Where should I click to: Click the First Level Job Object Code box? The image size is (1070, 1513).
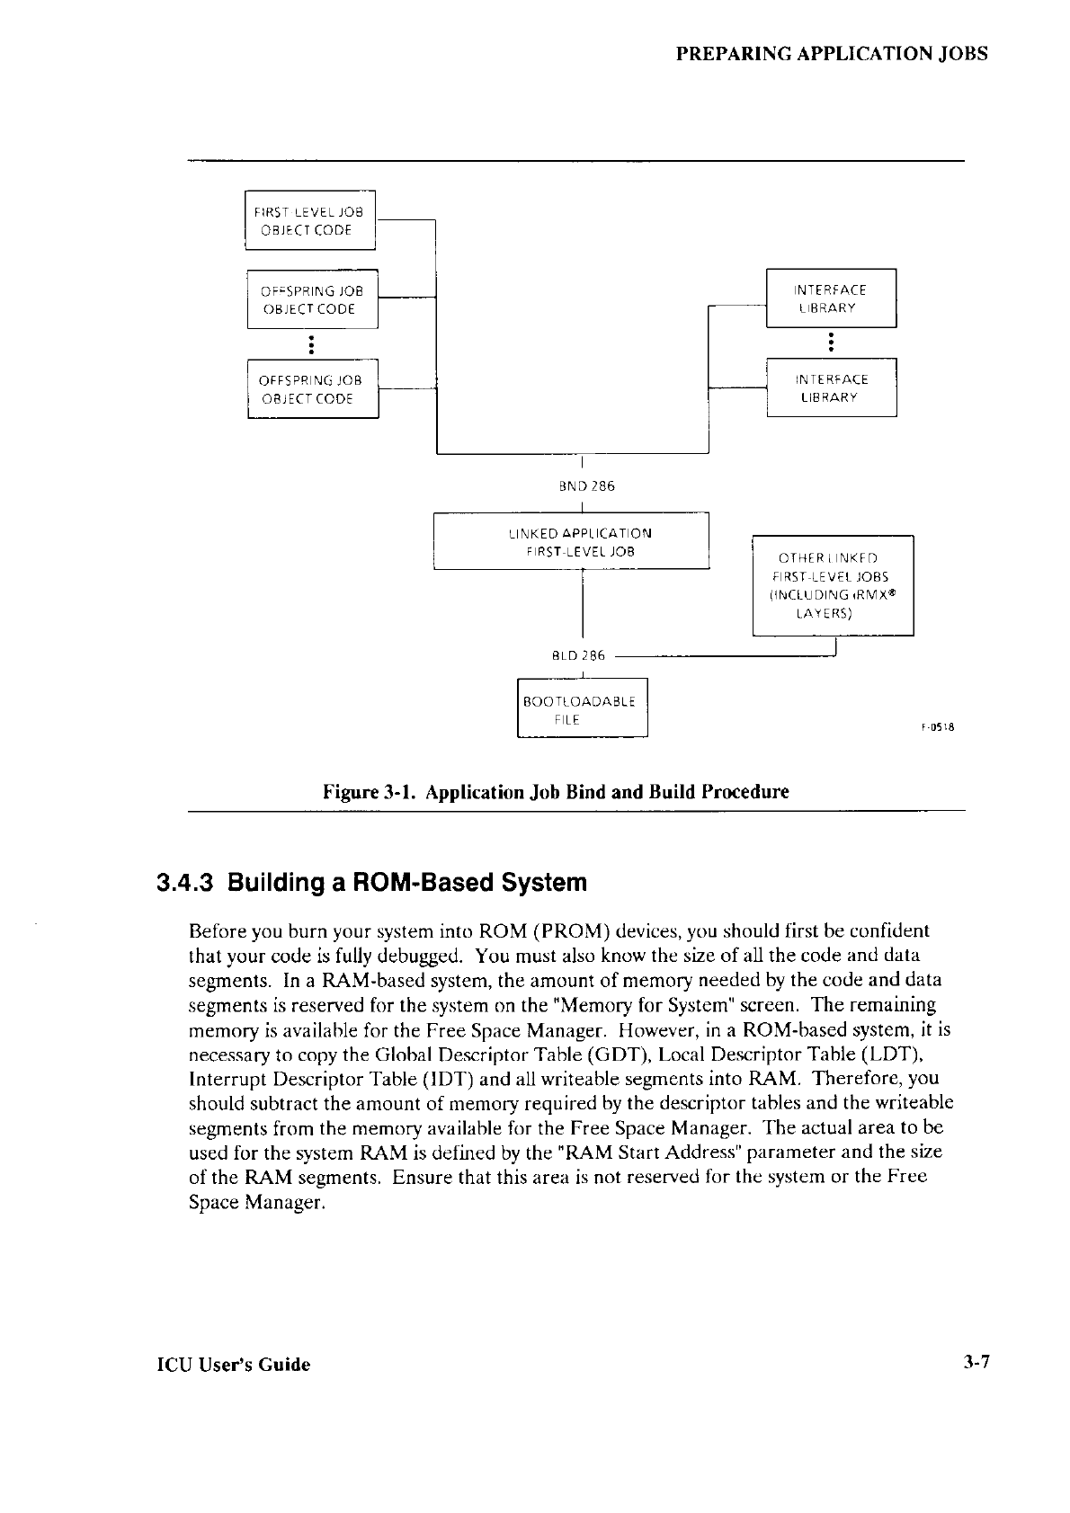pos(310,221)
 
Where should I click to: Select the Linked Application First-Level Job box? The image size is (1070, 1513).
pos(572,541)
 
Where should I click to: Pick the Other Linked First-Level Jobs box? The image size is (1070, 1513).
pos(832,584)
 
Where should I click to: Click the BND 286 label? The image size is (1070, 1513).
pos(587,486)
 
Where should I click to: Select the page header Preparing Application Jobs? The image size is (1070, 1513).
pos(832,53)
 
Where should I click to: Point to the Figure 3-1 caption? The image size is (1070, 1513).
pos(556,793)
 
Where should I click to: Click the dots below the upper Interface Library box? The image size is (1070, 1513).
pos(832,342)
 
